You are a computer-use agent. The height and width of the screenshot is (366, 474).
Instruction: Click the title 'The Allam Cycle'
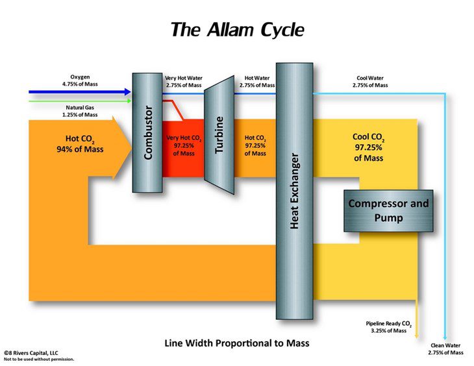pyautogui.click(x=236, y=29)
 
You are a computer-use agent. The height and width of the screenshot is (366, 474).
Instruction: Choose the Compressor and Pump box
pyautogui.click(x=388, y=210)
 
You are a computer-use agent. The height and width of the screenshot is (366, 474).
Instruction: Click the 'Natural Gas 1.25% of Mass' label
pyautogui.click(x=81, y=111)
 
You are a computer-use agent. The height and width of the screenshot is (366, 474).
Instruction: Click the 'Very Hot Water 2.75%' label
pyautogui.click(x=184, y=81)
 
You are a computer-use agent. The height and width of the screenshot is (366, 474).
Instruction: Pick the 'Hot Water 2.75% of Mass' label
pyautogui.click(x=254, y=81)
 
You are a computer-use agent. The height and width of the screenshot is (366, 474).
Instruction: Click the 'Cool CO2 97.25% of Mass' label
pyautogui.click(x=368, y=146)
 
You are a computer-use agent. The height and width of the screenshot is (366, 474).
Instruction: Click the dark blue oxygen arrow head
pyautogui.click(x=127, y=92)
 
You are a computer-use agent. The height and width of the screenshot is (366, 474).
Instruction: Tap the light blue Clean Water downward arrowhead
pyautogui.click(x=445, y=337)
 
